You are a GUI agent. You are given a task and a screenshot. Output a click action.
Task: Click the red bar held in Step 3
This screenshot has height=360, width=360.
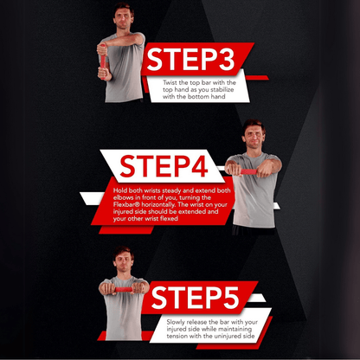click(x=103, y=61)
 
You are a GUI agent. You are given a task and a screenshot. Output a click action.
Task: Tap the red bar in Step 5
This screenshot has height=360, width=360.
click(x=126, y=290)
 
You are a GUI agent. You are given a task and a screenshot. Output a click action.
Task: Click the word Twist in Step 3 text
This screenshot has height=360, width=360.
click(x=171, y=82)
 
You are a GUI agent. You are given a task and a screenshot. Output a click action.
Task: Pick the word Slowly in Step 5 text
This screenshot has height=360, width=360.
click(x=177, y=321)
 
